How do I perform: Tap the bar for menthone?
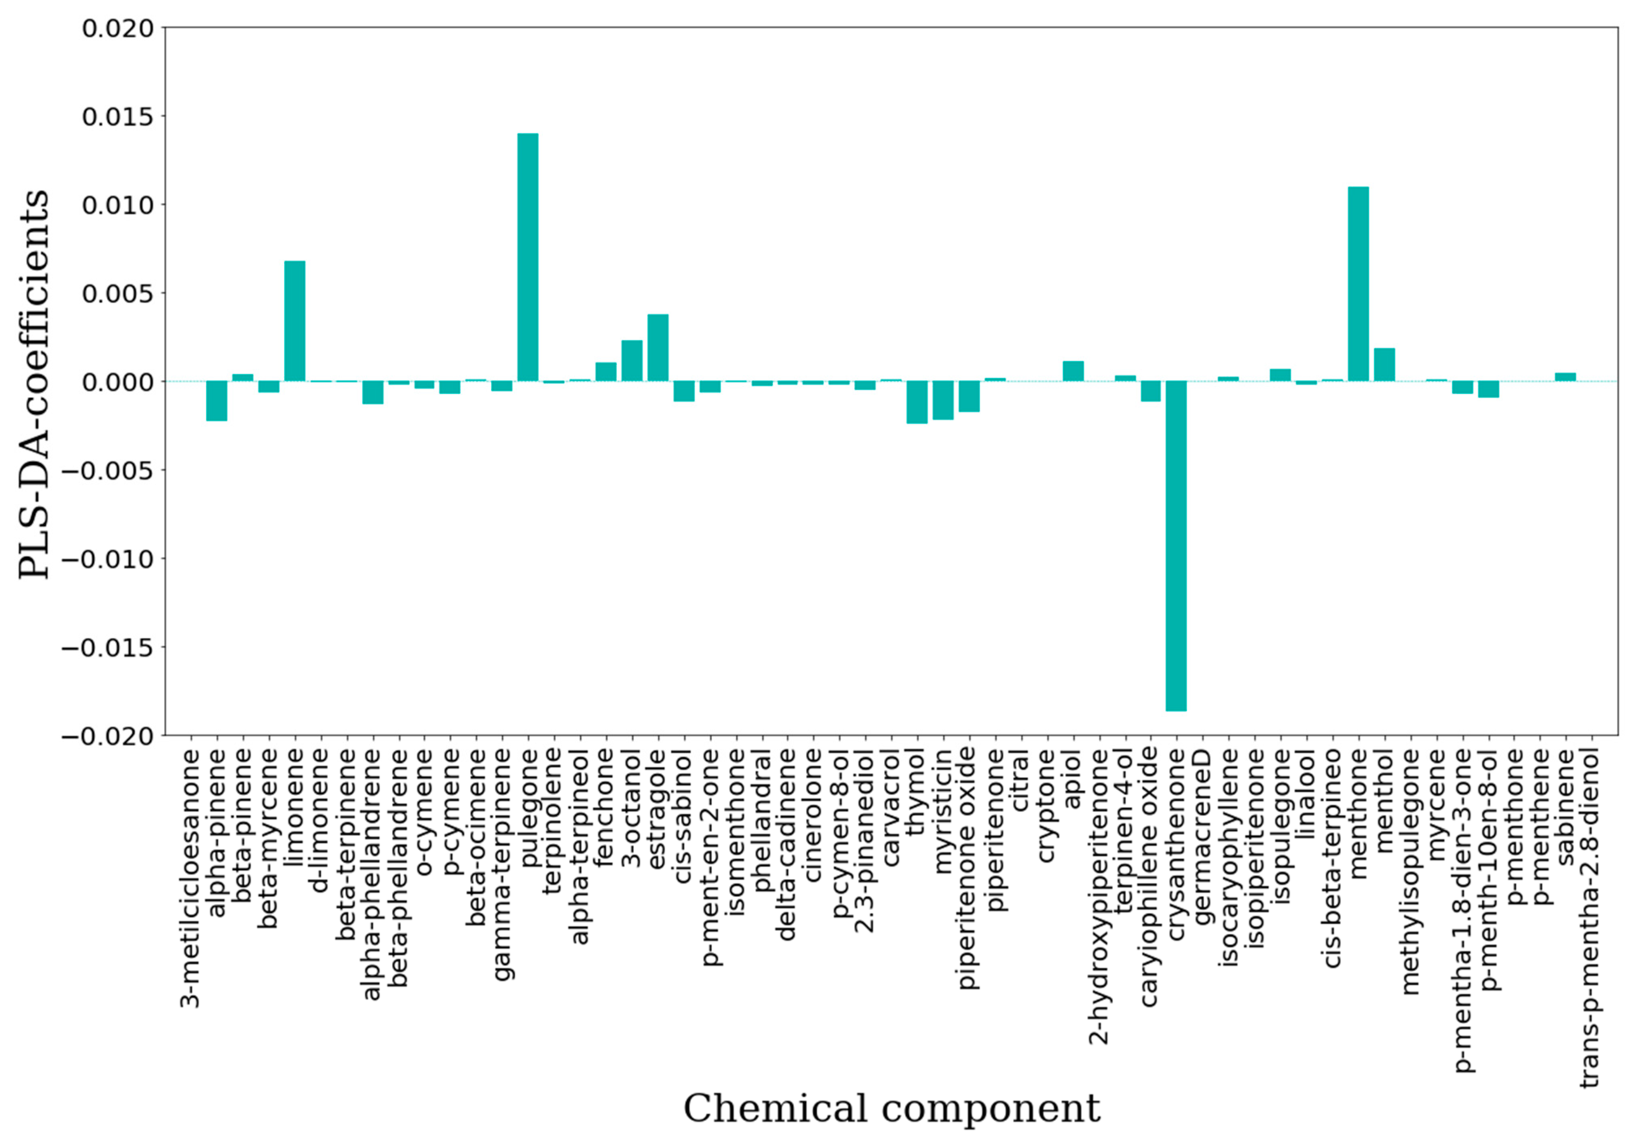pyautogui.click(x=1358, y=284)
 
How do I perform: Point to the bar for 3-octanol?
pyautogui.click(x=632, y=360)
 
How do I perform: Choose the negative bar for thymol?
pyautogui.click(x=917, y=402)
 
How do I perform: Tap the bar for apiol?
pyautogui.click(x=1073, y=371)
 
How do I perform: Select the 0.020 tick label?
pyautogui.click(x=118, y=29)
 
